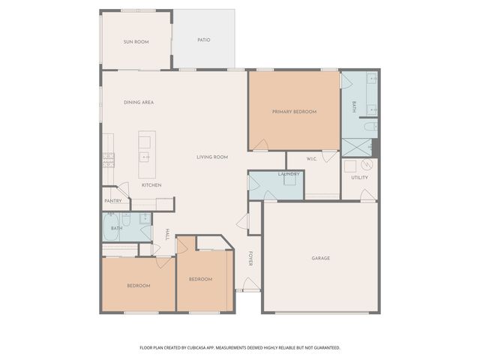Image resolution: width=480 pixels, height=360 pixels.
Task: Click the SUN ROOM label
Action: tap(136, 42)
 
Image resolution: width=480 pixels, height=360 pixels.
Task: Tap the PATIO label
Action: tap(203, 40)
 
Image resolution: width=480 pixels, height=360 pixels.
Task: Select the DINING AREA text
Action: tap(139, 102)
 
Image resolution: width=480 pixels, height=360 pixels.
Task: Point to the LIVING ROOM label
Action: tap(212, 157)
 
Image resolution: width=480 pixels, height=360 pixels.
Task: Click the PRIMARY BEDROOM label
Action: tap(294, 112)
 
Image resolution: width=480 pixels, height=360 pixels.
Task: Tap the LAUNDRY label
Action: tap(289, 175)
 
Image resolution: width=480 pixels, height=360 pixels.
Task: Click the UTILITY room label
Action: tap(359, 178)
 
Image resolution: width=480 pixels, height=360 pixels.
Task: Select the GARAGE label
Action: tap(321, 258)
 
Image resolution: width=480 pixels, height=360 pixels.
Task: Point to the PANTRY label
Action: tap(112, 201)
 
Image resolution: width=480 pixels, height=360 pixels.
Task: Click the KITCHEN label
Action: tap(151, 185)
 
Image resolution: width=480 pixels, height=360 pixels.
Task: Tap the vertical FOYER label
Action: tap(250, 259)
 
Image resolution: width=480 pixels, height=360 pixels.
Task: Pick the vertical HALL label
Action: tap(167, 234)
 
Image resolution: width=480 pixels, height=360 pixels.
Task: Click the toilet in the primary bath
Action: tap(370, 127)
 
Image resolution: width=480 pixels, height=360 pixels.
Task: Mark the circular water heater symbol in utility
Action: tap(367, 165)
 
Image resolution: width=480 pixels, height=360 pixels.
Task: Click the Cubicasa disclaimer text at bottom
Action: tap(240, 347)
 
